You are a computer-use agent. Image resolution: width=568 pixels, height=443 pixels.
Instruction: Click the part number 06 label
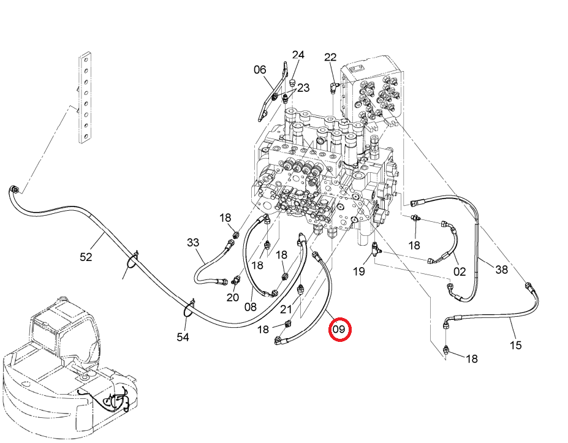click(260, 70)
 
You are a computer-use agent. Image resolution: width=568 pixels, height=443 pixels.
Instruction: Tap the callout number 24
click(298, 55)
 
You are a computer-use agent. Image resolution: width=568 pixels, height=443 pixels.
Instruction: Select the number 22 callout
click(330, 57)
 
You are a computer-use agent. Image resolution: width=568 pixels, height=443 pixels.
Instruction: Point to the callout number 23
click(303, 88)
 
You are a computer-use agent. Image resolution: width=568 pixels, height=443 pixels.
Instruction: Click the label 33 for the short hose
click(193, 242)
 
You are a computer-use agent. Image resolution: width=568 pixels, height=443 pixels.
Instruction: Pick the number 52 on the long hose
click(86, 257)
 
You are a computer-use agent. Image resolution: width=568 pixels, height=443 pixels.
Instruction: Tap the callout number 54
click(183, 337)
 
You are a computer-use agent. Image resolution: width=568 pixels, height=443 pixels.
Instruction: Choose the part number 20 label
click(233, 297)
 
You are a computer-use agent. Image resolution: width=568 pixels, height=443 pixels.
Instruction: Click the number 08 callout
click(251, 307)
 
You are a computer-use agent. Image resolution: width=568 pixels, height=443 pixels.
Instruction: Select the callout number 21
click(286, 309)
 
